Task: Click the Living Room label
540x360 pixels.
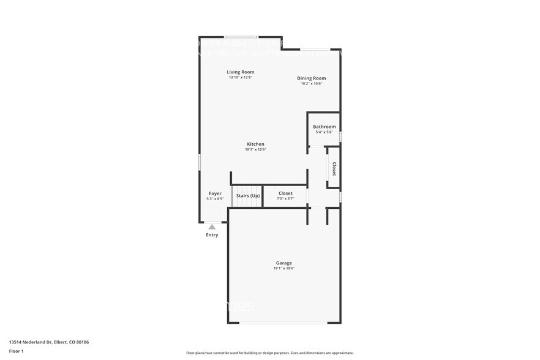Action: tap(241, 72)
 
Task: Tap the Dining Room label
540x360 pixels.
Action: tap(311, 78)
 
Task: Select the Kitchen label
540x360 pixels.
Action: tap(255, 144)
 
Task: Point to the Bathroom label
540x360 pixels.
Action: tap(324, 127)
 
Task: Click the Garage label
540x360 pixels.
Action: tap(283, 263)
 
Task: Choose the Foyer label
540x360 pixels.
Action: tap(215, 193)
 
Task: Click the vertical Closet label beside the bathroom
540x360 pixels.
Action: tap(334, 168)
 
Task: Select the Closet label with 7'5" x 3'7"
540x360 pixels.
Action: tap(285, 193)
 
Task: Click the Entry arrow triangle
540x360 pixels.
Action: tap(212, 227)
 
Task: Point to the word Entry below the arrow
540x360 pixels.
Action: tap(212, 235)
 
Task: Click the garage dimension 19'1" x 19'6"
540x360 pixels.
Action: tap(283, 268)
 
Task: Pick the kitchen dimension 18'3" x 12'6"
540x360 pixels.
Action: tap(255, 149)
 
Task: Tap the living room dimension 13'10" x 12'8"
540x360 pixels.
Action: tap(241, 78)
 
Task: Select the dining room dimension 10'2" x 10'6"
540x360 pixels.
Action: tap(311, 84)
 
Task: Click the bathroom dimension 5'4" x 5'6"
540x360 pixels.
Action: tap(324, 132)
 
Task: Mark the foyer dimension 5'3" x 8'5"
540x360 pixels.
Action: tap(215, 199)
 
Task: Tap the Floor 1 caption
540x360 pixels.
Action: tap(17, 351)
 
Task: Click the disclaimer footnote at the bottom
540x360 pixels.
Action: tap(269, 353)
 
